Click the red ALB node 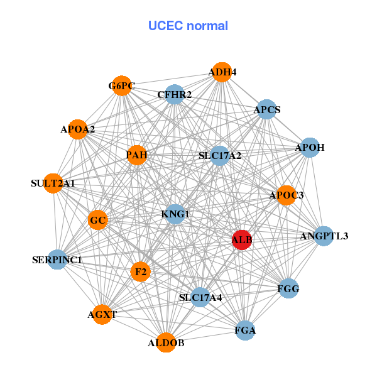[242, 239]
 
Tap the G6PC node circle [122, 86]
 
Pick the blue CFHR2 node [174, 95]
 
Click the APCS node [267, 110]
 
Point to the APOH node [310, 148]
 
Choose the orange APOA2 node [77, 129]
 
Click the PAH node [137, 155]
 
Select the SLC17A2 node [219, 155]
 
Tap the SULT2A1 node [53, 183]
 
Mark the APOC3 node [286, 195]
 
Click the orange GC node [98, 221]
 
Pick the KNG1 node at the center [175, 214]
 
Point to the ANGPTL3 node [324, 236]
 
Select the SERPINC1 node [57, 259]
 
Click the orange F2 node [141, 271]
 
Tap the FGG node [288, 288]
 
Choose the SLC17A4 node [200, 297]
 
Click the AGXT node [102, 314]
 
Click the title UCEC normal [188, 26]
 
